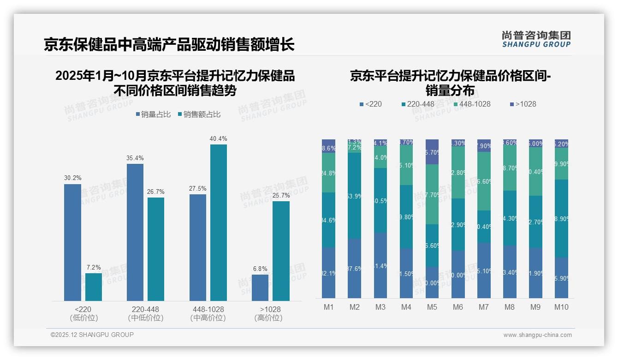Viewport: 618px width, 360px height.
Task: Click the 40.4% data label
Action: point(218,138)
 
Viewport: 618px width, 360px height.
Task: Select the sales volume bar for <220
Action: point(72,242)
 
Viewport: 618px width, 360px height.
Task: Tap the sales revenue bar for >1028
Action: point(281,251)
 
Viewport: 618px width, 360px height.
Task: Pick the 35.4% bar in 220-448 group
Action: point(135,232)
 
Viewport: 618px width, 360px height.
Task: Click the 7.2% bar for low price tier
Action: point(94,287)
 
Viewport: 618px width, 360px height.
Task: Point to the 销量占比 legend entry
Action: point(155,114)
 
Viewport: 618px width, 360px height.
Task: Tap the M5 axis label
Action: point(432,307)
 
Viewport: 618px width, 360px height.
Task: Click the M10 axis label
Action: point(561,307)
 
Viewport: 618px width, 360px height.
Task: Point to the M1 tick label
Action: point(328,307)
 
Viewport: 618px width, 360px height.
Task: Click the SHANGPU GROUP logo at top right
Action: point(536,39)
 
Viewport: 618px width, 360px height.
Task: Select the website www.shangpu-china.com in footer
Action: point(537,335)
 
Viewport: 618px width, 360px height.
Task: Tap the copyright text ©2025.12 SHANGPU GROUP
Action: point(92,335)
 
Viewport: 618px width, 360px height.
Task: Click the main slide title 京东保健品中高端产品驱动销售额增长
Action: point(169,45)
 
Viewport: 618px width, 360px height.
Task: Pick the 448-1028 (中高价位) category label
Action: point(208,313)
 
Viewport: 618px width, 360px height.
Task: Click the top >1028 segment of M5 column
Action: point(432,151)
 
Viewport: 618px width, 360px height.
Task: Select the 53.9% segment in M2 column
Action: point(354,196)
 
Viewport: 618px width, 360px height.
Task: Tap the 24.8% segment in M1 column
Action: point(328,173)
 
